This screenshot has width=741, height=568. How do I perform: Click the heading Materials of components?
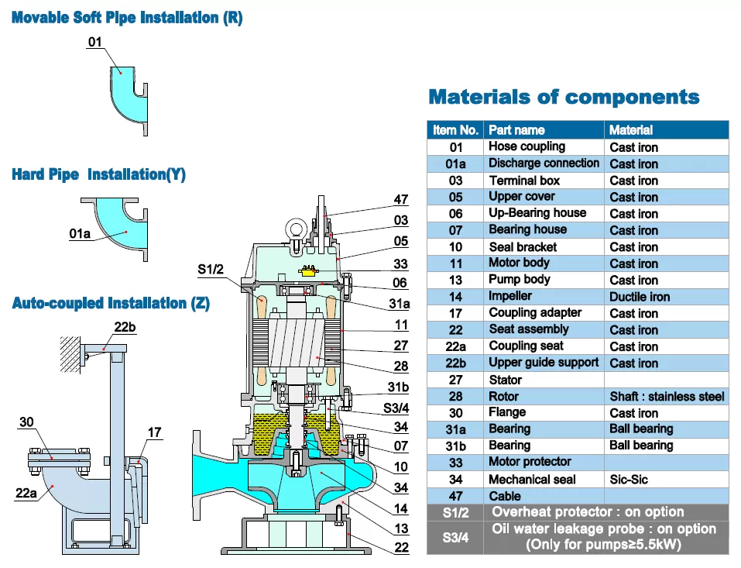(564, 98)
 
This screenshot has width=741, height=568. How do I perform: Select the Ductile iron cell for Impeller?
(640, 297)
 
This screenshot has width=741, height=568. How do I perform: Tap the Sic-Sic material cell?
(629, 480)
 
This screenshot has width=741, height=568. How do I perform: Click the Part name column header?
(516, 130)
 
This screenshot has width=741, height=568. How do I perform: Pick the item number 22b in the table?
(455, 363)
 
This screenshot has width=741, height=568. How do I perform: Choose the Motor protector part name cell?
(530, 462)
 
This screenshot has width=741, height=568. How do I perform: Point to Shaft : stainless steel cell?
(667, 397)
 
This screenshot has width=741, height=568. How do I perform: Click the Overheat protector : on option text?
(588, 512)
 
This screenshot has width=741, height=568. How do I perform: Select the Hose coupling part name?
(527, 146)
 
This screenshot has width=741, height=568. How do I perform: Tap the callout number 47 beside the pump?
(400, 200)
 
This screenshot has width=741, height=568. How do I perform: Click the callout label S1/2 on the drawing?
(211, 270)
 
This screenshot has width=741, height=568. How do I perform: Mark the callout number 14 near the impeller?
(400, 509)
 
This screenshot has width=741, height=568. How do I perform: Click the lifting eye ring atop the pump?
(298, 230)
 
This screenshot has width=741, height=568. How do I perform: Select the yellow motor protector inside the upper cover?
(307, 270)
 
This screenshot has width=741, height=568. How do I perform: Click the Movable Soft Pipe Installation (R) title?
(127, 18)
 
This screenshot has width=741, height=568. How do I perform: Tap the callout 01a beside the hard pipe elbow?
(81, 232)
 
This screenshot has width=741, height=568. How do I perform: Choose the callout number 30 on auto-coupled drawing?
(26, 422)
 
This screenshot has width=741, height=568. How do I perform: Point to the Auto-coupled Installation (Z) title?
(111, 303)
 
